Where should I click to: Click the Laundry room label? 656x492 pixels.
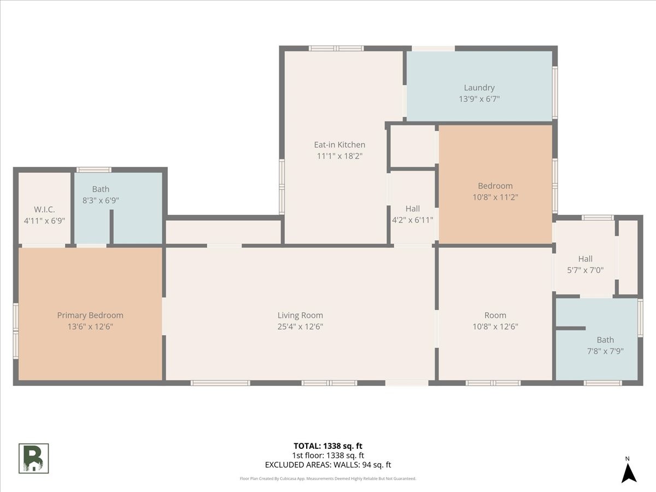coord(479,87)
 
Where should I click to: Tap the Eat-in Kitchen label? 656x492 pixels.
coord(339,145)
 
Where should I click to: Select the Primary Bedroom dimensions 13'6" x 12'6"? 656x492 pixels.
coord(90,326)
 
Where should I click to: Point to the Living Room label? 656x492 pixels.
coord(300,315)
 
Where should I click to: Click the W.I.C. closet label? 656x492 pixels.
coord(44,209)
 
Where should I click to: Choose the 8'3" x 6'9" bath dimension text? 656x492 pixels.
coord(101,200)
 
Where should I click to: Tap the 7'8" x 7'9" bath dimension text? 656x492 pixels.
coord(605,351)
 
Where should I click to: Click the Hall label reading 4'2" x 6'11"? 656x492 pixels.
coord(413,209)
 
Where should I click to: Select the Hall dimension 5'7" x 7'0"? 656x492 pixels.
coord(585,270)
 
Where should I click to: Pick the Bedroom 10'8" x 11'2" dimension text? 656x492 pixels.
coord(495,197)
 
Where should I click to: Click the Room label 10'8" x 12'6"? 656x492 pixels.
coord(495,315)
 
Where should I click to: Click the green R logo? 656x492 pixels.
coord(34,458)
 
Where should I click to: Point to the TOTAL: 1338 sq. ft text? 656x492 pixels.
coord(327,446)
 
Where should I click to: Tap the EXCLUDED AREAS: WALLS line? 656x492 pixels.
coord(327,465)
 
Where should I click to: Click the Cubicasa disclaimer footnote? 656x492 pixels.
coord(327,478)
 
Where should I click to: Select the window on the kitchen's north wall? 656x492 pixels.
coord(336,48)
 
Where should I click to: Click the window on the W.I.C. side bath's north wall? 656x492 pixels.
coord(93,169)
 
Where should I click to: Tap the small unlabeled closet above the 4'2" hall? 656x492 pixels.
coord(412,146)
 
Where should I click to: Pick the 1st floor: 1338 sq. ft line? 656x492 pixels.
coord(327,455)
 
